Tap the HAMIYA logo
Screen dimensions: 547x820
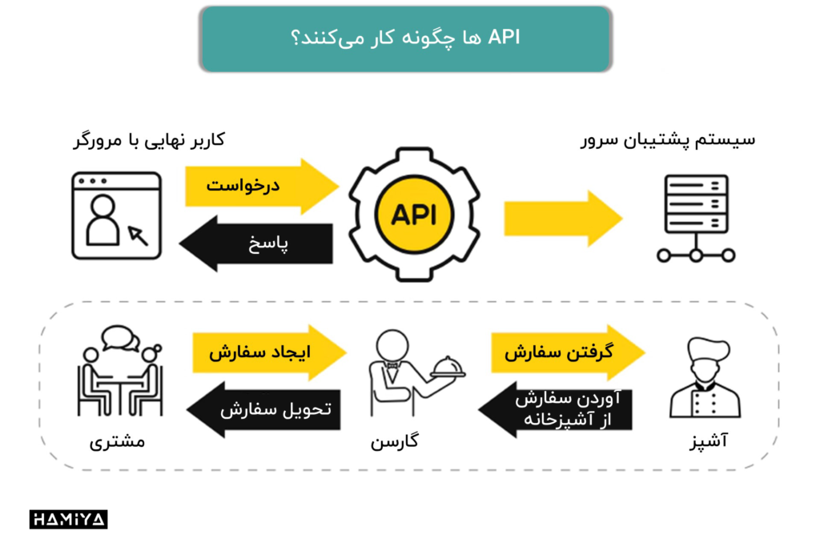coord(68,519)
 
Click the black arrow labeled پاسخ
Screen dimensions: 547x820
coord(256,244)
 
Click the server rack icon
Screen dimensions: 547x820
coord(696,218)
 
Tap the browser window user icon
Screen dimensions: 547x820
coord(115,216)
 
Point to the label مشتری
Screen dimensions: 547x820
coord(117,441)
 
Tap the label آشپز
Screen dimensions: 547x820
coord(707,441)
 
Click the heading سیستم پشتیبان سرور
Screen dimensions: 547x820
coord(668,140)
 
